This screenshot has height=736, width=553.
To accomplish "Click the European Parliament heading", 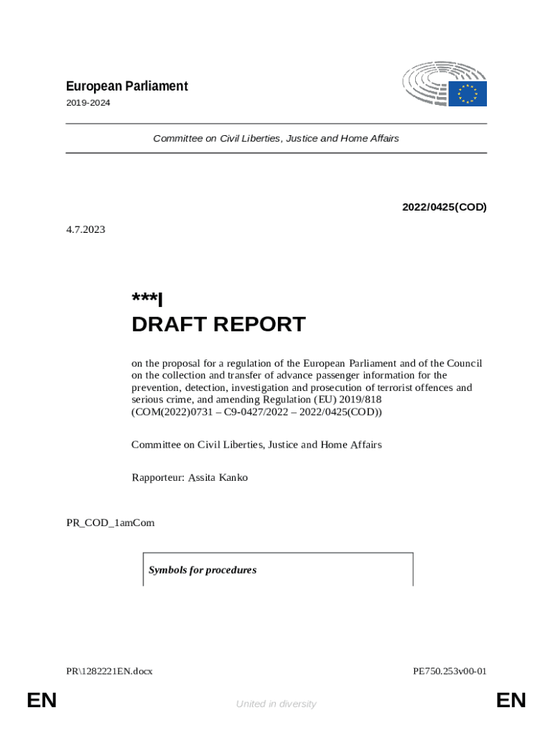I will (x=126, y=86).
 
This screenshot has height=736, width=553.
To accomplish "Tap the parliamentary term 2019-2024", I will (x=88, y=103).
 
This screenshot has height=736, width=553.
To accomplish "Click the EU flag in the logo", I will (x=468, y=93).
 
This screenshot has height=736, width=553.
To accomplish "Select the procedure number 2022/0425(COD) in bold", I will (x=444, y=207).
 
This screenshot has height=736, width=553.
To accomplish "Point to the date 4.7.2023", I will (x=85, y=230).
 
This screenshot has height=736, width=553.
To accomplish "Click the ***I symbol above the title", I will (x=147, y=298).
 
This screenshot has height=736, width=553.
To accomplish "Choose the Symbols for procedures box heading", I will (x=203, y=570).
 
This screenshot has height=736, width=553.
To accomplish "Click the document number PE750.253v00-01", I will (x=450, y=671).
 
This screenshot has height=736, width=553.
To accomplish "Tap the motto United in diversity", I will (x=276, y=704).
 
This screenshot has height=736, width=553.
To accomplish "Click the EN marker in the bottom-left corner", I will (x=42, y=701).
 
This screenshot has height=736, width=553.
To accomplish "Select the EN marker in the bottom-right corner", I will (x=511, y=701).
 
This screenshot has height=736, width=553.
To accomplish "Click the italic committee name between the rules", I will (x=276, y=138).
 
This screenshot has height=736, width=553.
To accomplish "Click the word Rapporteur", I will (x=157, y=477).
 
